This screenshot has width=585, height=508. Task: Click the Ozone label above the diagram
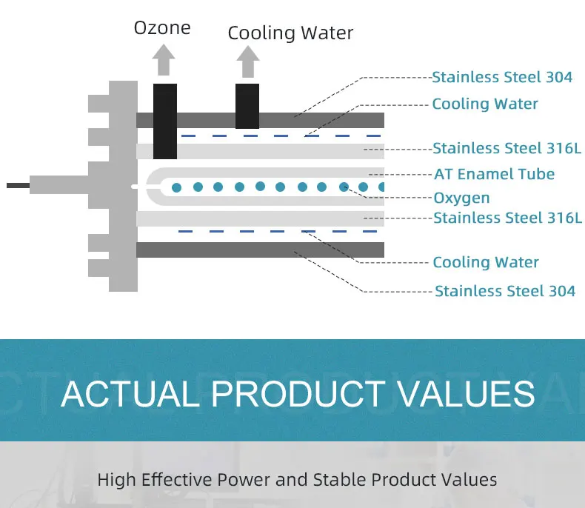(x=162, y=28)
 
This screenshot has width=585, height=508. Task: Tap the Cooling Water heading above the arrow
(x=290, y=33)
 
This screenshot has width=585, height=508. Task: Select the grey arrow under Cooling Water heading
(x=247, y=61)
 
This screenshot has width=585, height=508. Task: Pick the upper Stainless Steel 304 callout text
(x=502, y=77)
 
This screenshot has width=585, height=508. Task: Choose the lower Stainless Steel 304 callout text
(x=504, y=291)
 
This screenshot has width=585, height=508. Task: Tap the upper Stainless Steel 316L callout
(x=507, y=149)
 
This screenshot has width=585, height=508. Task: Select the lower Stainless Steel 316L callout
(x=507, y=218)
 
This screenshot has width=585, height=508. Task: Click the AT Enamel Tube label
(x=494, y=174)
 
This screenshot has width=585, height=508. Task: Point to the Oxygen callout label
(x=461, y=198)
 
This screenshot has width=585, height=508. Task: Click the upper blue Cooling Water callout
(x=485, y=104)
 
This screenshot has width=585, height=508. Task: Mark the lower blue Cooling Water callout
(x=486, y=262)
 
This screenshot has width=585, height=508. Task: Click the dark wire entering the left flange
(x=19, y=185)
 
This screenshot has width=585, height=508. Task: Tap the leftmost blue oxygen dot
(x=176, y=187)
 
